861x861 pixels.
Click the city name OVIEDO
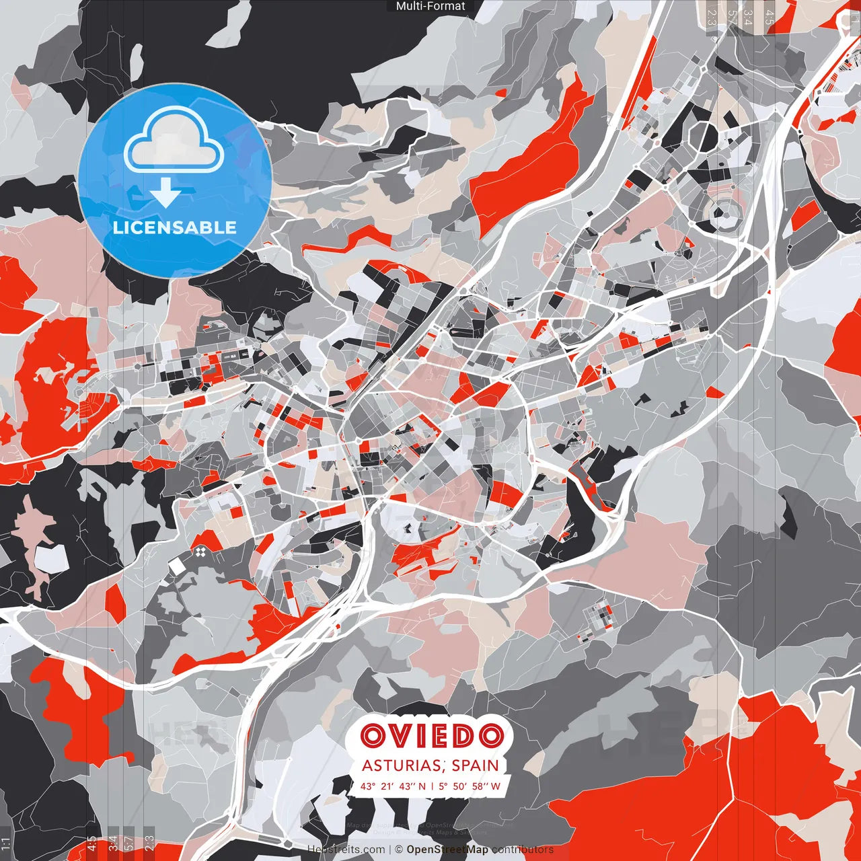[x=431, y=737]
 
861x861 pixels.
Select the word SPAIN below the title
[x=475, y=765]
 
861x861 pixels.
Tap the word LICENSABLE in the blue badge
[x=175, y=227]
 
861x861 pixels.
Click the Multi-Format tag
[x=430, y=6]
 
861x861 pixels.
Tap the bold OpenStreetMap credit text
[x=447, y=850]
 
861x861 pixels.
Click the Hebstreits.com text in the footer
[x=346, y=850]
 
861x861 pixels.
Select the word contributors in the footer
[x=523, y=850]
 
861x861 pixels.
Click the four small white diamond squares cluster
[x=200, y=553]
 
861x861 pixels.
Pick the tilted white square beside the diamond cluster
[x=177, y=566]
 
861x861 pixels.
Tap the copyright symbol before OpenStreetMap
[x=399, y=850]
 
